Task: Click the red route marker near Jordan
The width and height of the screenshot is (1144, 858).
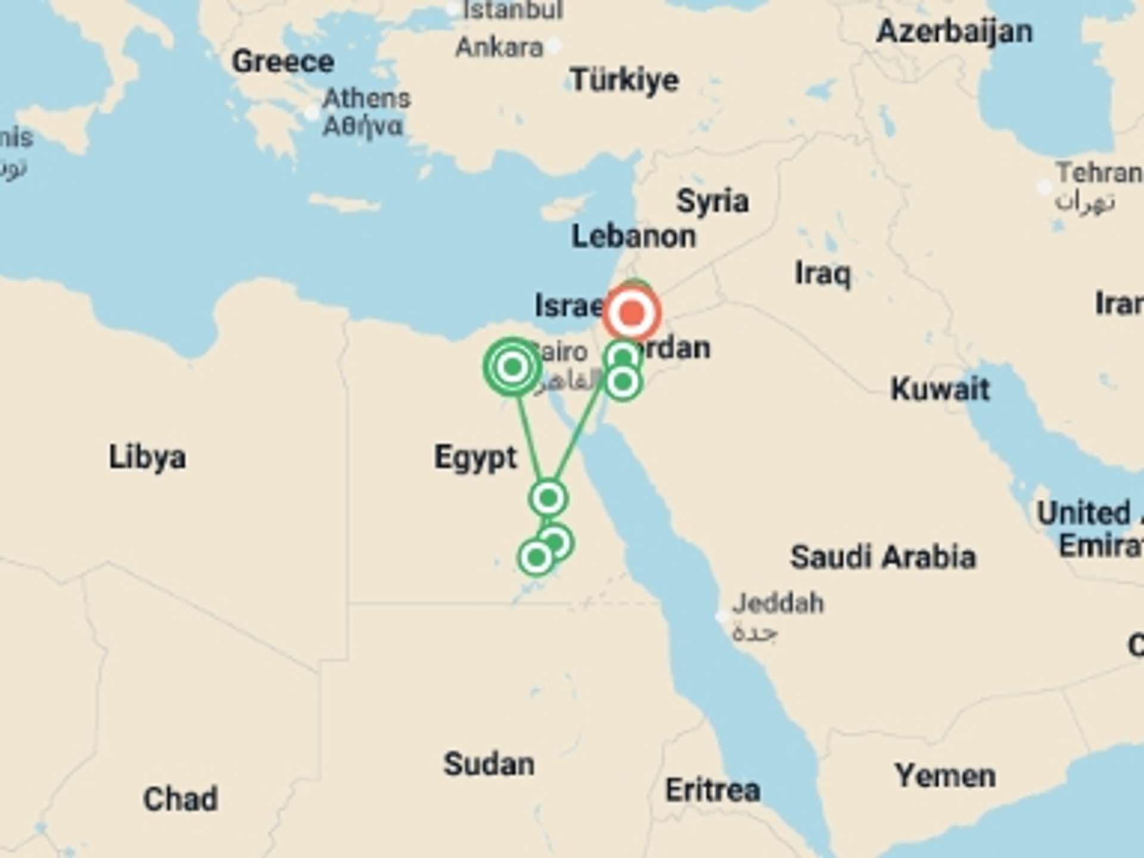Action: pos(632,312)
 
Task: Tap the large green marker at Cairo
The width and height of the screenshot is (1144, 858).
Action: pos(512,366)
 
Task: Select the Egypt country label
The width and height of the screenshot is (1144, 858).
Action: pos(475,458)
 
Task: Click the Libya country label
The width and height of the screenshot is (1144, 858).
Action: pos(147,458)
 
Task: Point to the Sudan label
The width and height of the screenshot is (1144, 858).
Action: pos(489,764)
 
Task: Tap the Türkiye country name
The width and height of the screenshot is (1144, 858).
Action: pos(624,80)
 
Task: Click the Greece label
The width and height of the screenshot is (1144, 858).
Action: pos(282,61)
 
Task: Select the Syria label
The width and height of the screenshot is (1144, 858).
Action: pos(712,201)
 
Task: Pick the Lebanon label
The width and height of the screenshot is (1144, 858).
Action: pos(633,237)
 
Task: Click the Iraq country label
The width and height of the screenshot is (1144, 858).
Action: pos(823,274)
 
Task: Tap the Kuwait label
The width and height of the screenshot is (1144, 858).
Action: pos(940,390)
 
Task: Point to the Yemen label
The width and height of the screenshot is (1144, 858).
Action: pos(945,776)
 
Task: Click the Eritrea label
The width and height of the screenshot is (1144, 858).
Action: pos(713,790)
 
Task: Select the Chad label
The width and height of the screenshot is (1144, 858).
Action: pos(180,799)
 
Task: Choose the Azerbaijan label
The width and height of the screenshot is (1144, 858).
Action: pos(955,31)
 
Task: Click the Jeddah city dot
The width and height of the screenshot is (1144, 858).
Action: pos(721,617)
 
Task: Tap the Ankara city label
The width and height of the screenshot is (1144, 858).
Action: pos(499,47)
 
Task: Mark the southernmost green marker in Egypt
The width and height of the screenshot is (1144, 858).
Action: pos(536,558)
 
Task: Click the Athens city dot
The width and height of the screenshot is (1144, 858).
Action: pos(312,113)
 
